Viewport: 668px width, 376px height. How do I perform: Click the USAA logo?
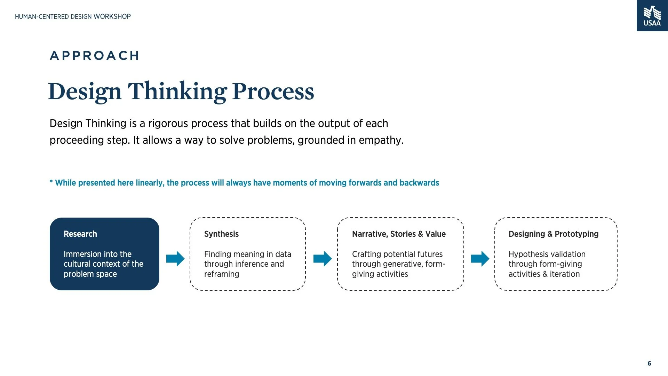pyautogui.click(x=652, y=16)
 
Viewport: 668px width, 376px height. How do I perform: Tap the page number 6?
pyautogui.click(x=649, y=363)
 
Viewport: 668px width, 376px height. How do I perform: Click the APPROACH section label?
pyautogui.click(x=95, y=56)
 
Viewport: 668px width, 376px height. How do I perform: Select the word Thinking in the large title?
pyautogui.click(x=177, y=92)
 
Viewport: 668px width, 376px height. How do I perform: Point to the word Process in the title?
pyautogui.click(x=273, y=92)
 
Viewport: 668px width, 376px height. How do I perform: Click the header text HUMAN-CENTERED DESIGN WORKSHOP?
pyautogui.click(x=73, y=16)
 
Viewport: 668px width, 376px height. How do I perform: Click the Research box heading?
pyautogui.click(x=80, y=234)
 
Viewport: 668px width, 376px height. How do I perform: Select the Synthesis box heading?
pyautogui.click(x=221, y=234)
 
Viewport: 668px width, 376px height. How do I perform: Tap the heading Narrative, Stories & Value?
pyautogui.click(x=399, y=234)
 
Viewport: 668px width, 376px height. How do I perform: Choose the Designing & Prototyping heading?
pyautogui.click(x=553, y=234)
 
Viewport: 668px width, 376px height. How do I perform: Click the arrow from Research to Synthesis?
pyautogui.click(x=175, y=259)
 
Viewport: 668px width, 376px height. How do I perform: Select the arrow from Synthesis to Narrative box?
pyautogui.click(x=323, y=259)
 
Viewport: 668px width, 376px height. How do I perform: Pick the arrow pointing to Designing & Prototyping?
pyautogui.click(x=480, y=259)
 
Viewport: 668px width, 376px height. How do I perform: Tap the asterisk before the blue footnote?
pyautogui.click(x=51, y=182)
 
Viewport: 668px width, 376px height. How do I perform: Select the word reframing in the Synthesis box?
pyautogui.click(x=222, y=274)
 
